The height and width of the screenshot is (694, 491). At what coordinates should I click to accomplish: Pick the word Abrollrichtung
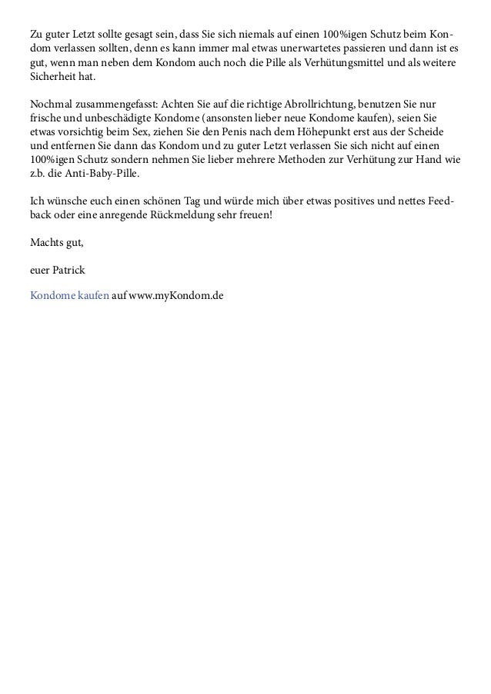[x=316, y=105]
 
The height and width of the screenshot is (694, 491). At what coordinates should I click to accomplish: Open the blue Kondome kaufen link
[x=68, y=296]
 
